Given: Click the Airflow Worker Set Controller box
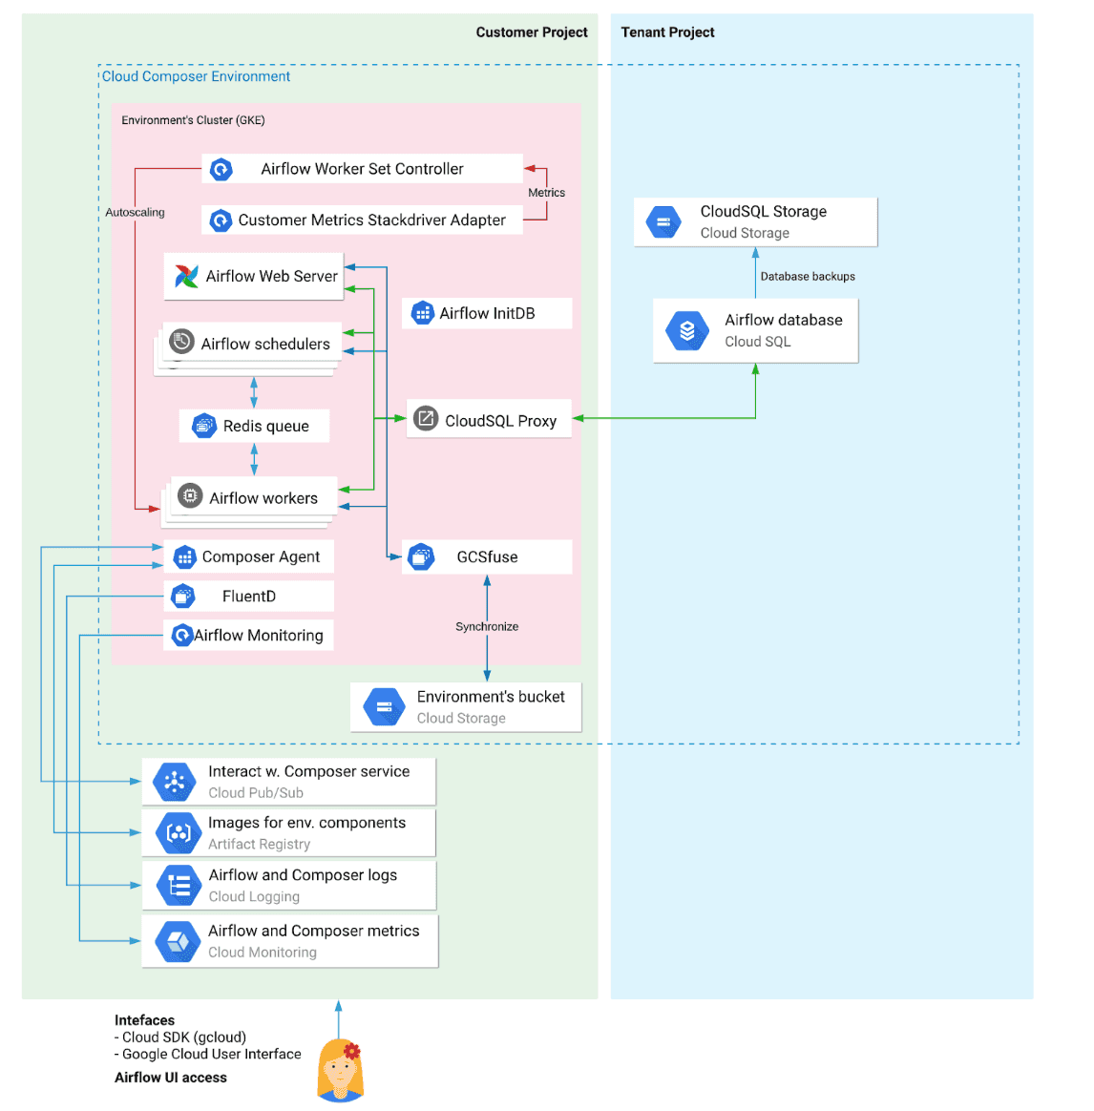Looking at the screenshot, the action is (x=362, y=169).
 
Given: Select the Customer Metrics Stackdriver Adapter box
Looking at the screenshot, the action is (x=362, y=220).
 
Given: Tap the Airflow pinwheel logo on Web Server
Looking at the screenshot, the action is (x=186, y=276).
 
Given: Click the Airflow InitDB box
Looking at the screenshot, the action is (x=487, y=313).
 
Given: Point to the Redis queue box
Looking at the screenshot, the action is (x=254, y=426).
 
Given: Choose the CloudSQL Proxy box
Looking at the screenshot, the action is (x=489, y=419).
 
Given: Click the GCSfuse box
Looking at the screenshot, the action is (x=487, y=556).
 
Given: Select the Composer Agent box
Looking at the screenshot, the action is (x=249, y=556).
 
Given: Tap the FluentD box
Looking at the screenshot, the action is (x=249, y=597).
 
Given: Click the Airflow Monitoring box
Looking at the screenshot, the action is (x=249, y=635).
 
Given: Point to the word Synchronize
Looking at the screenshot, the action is (x=487, y=626).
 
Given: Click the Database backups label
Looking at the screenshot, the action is (x=808, y=277).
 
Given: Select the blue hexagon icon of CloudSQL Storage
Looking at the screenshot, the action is (x=663, y=222).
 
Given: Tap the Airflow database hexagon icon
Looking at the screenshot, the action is (x=687, y=331).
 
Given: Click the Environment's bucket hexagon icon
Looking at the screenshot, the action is (x=384, y=707).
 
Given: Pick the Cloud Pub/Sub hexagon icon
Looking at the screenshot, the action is (x=175, y=782).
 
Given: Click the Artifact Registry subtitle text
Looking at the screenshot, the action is (x=260, y=844).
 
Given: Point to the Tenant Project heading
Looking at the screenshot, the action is (x=667, y=31).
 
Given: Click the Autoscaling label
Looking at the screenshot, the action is (x=135, y=212).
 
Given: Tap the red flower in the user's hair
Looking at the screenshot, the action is (x=352, y=1051).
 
